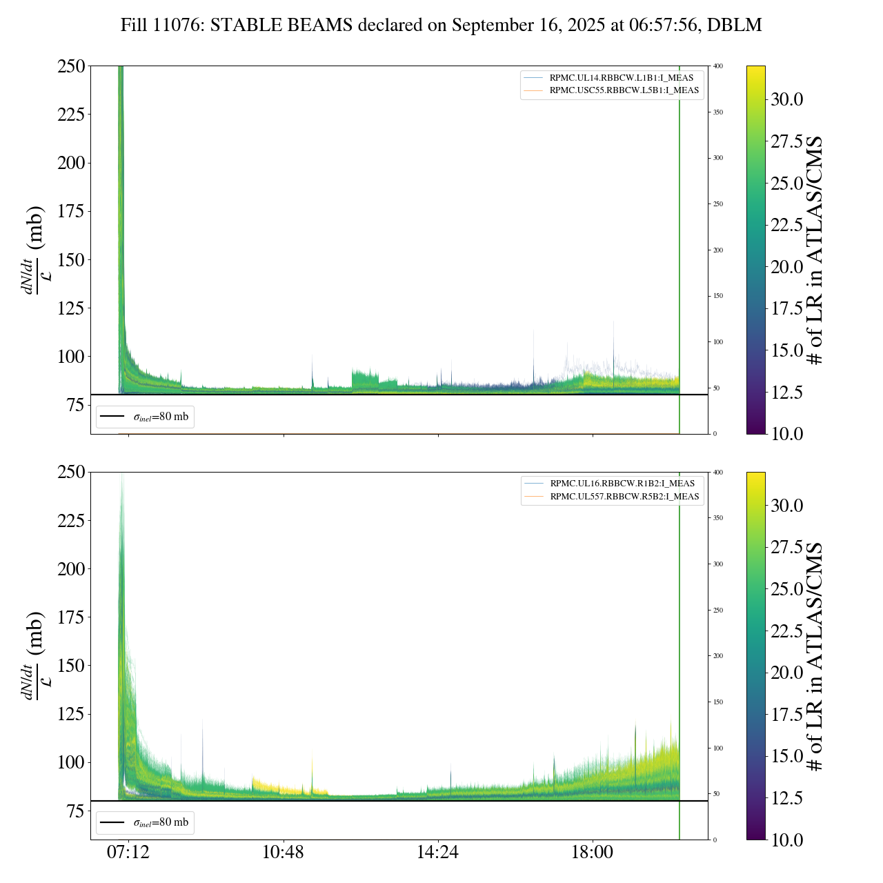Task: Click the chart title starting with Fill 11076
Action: pos(441,26)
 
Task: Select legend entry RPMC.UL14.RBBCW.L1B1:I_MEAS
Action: pos(621,78)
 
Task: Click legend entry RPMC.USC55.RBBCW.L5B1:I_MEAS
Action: pos(624,90)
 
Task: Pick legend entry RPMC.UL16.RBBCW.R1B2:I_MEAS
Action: pos(622,484)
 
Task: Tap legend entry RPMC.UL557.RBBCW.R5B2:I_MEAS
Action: pos(624,497)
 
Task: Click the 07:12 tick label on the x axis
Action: pos(128,853)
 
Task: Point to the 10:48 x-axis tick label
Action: pos(283,853)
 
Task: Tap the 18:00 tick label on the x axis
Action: pos(593,853)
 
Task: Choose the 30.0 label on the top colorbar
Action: pos(786,99)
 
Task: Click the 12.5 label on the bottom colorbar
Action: pos(786,798)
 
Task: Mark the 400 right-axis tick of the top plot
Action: pos(718,66)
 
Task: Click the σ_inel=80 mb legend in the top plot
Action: pos(146,417)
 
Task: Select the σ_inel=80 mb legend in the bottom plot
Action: pos(146,822)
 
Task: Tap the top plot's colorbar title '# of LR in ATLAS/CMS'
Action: pos(815,250)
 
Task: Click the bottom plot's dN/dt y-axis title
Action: pos(34,655)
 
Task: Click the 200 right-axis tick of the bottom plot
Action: pos(718,656)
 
